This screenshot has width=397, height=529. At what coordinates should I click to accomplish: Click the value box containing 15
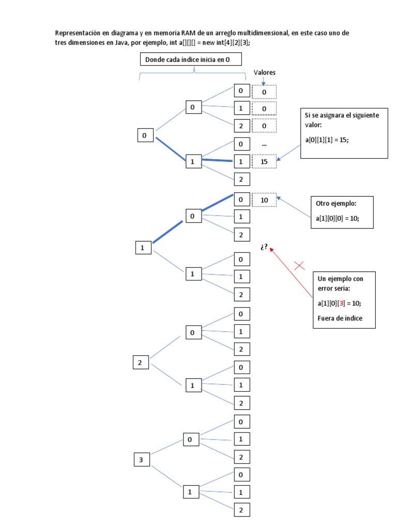tap(264, 162)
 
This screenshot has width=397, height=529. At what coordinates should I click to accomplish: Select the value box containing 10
tap(264, 200)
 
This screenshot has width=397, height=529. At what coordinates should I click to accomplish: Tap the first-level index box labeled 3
tap(141, 459)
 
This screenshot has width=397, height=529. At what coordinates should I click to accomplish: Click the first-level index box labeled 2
tap(140, 362)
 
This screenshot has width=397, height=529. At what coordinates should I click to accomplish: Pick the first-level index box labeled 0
tap(145, 135)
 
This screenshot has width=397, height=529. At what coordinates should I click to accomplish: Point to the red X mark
tap(299, 266)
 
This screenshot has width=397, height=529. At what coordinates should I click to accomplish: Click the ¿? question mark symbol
tap(264, 247)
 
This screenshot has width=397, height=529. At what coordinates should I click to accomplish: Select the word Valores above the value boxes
tap(264, 73)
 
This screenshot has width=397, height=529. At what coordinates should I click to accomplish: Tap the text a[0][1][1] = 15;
tap(327, 140)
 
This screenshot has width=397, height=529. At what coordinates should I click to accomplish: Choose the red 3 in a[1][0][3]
tap(341, 304)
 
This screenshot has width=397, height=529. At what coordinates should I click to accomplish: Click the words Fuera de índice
tap(340, 318)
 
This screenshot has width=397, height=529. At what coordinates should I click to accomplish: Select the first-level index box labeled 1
tap(143, 248)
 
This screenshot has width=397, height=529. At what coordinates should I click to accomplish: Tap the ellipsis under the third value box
tap(264, 145)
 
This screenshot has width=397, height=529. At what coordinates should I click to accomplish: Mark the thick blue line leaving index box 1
tap(167, 232)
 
